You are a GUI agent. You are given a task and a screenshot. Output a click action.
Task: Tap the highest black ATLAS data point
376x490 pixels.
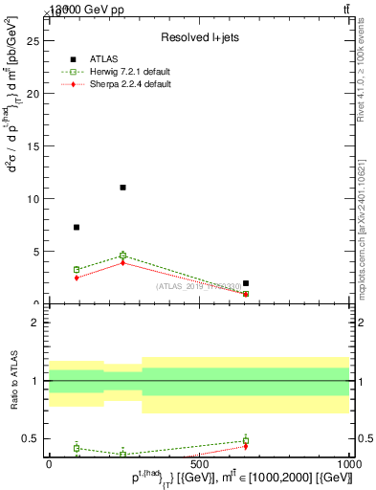[122, 188]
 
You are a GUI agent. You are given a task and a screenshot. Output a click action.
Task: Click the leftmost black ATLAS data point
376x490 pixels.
[77, 227]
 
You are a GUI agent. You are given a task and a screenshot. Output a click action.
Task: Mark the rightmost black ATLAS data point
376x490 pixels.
[246, 283]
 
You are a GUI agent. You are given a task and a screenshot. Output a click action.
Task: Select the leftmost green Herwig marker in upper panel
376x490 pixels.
[77, 270]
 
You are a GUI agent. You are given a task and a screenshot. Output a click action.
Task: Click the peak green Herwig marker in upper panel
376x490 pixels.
[122, 256]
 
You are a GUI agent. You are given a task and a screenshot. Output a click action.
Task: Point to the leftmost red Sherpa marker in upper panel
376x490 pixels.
[77, 278]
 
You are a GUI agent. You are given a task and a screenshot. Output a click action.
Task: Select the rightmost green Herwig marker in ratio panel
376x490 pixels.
[246, 440]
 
